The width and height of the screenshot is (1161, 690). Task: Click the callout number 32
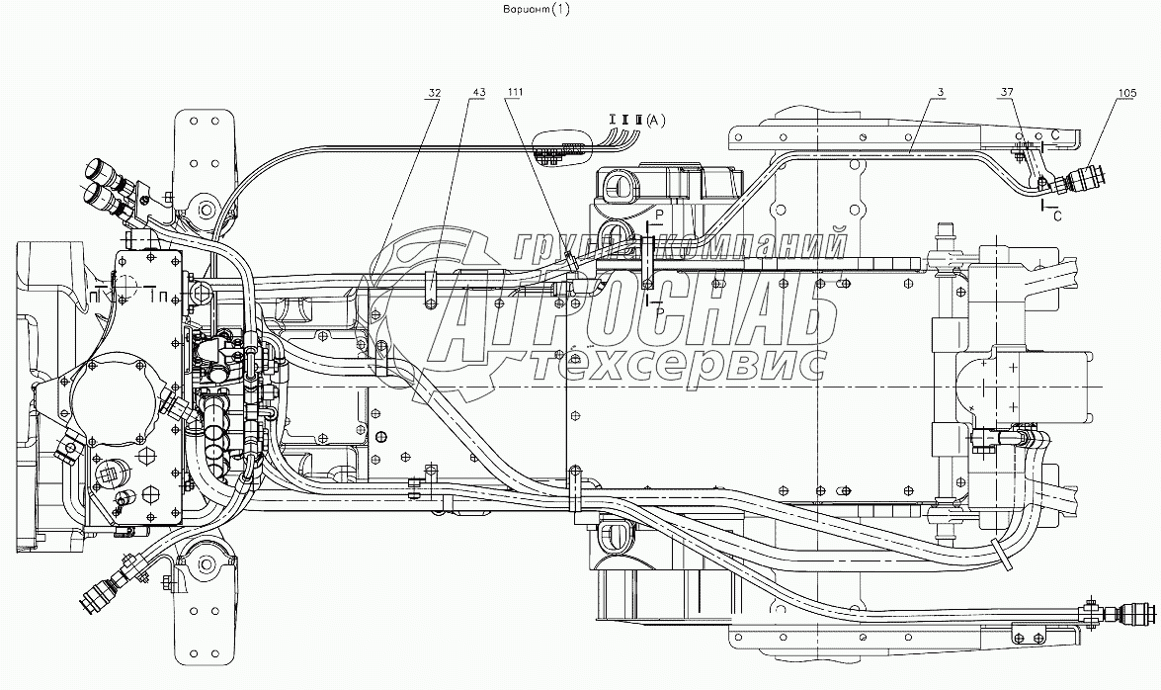coord(434,92)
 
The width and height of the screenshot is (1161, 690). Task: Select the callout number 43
coord(478,92)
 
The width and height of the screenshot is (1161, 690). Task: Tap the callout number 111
coord(514,92)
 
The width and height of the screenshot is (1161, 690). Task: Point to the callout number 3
coord(943,92)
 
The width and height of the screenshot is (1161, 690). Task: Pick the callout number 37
coord(1007,92)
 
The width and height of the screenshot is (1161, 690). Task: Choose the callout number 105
coord(1100,92)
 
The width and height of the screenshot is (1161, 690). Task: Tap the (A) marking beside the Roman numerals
coord(657,120)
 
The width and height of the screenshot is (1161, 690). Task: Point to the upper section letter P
coord(659,215)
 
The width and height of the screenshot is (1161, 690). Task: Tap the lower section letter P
coord(659,309)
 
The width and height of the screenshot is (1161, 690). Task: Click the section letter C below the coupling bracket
coord(1055,213)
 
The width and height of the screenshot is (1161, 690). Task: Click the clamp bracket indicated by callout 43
coord(431,289)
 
